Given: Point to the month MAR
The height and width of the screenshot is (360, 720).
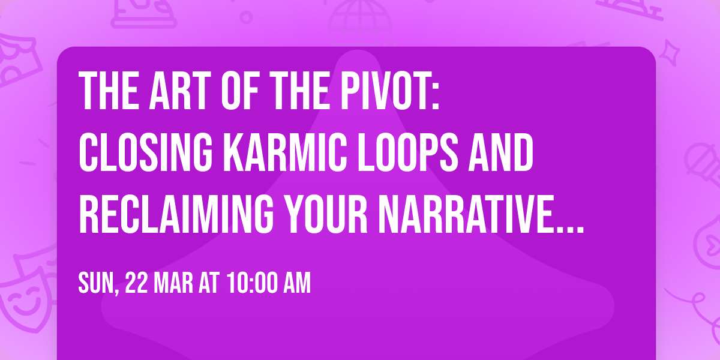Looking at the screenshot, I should pyautogui.click(x=175, y=284).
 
